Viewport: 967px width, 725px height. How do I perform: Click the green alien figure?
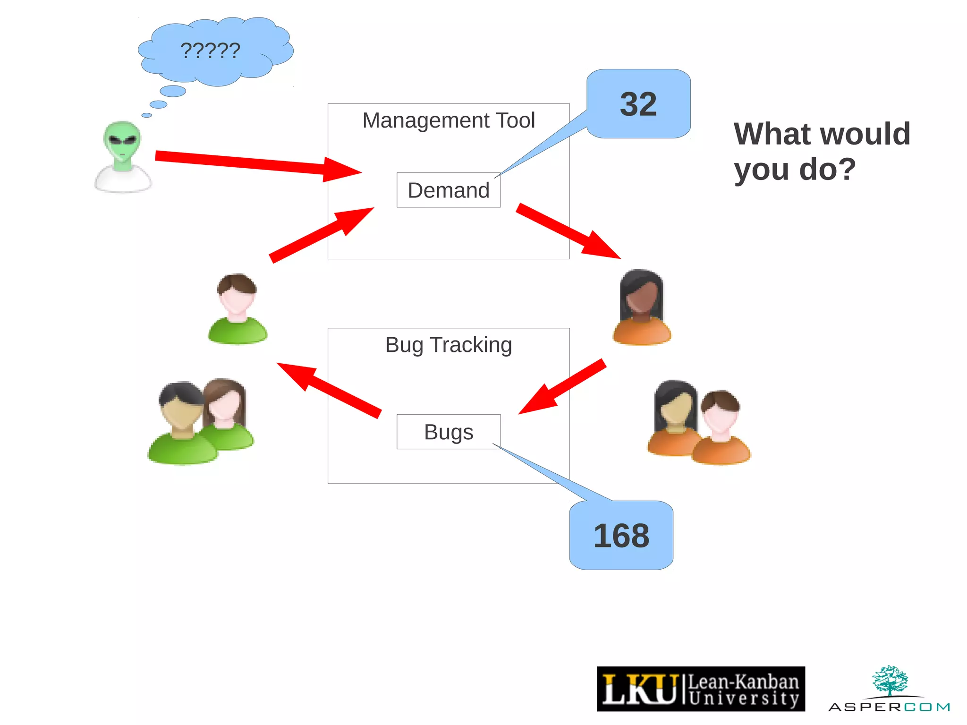[x=123, y=156]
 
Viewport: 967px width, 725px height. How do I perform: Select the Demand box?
[x=449, y=190]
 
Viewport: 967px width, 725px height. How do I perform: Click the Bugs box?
[x=449, y=432]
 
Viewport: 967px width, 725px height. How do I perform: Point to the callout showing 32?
[x=638, y=104]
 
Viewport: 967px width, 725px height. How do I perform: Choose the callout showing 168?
[x=621, y=535]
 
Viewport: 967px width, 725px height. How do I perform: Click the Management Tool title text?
[x=449, y=120]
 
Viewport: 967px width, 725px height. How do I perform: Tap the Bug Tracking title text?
[x=449, y=345]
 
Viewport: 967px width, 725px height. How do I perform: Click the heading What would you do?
[x=822, y=151]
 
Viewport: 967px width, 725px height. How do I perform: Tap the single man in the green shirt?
[x=238, y=309]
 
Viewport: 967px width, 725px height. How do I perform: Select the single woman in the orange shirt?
[x=642, y=307]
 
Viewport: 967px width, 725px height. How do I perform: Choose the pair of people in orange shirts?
[x=699, y=423]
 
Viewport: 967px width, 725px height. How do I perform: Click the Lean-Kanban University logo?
[x=701, y=689]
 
